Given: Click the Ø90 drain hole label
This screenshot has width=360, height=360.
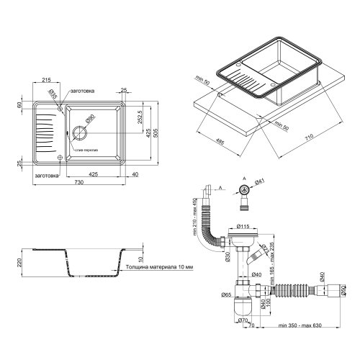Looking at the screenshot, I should (90, 119).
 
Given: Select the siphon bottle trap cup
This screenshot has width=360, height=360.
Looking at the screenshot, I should (243, 307).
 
